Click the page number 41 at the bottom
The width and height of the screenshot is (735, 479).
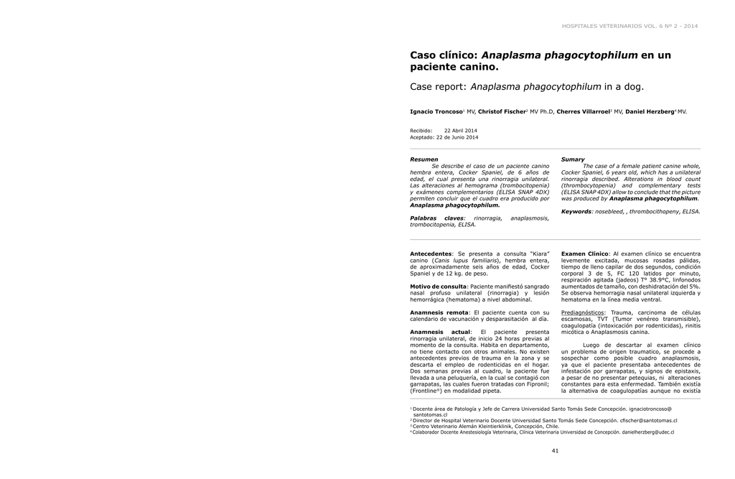tap(555, 450)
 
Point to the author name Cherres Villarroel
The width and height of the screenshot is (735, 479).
tap(583, 112)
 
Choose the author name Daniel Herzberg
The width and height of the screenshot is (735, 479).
tap(649, 112)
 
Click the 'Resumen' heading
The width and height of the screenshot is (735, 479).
tap(423, 159)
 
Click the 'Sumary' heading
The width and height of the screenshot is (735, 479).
tap(573, 159)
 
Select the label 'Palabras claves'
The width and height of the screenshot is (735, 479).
tap(436, 218)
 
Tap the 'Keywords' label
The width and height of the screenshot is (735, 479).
tap(576, 211)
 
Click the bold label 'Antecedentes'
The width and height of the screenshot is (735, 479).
tap(431, 254)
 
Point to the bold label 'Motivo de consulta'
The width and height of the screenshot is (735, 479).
tap(438, 286)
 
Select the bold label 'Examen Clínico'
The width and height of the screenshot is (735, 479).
tap(584, 254)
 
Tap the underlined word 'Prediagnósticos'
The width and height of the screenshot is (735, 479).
tap(583, 312)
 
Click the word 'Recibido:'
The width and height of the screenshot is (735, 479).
tap(421, 130)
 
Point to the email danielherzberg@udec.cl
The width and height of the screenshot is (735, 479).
tap(648, 432)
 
